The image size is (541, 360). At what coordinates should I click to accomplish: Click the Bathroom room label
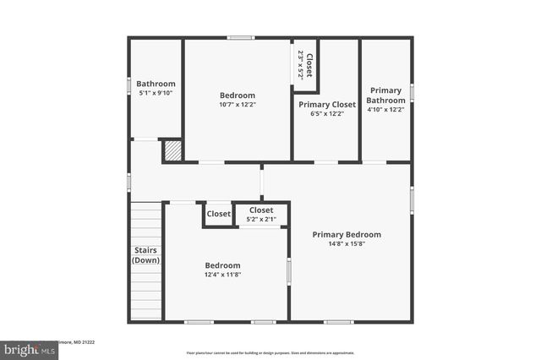pyautogui.click(x=156, y=84)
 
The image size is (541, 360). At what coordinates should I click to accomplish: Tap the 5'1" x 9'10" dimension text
pyautogui.click(x=156, y=94)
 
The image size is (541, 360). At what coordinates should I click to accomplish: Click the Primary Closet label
pyautogui.click(x=326, y=104)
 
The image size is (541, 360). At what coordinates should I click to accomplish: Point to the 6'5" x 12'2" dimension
pyautogui.click(x=326, y=113)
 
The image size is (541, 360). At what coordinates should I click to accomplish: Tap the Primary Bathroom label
pyautogui.click(x=385, y=95)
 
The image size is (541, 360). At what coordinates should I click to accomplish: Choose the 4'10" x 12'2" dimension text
pyautogui.click(x=385, y=109)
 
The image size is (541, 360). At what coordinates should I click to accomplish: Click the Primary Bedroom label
pyautogui.click(x=347, y=234)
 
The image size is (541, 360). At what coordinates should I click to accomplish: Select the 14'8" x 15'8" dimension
pyautogui.click(x=347, y=244)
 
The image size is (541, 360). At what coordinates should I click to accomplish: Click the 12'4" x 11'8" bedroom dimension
pyautogui.click(x=222, y=274)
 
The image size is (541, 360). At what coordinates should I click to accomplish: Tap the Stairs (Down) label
pyautogui.click(x=145, y=254)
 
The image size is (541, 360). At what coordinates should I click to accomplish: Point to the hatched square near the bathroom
pyautogui.click(x=172, y=150)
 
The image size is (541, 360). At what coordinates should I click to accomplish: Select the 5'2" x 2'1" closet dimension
pyautogui.click(x=261, y=219)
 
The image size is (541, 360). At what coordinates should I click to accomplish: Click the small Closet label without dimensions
pyautogui.click(x=219, y=214)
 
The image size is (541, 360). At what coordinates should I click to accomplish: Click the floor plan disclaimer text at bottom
pyautogui.click(x=270, y=352)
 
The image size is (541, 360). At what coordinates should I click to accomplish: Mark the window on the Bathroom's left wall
pyautogui.click(x=128, y=85)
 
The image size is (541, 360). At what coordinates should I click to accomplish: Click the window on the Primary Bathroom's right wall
pyautogui.click(x=412, y=92)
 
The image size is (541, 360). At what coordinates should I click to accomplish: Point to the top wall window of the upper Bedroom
pyautogui.click(x=241, y=37)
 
